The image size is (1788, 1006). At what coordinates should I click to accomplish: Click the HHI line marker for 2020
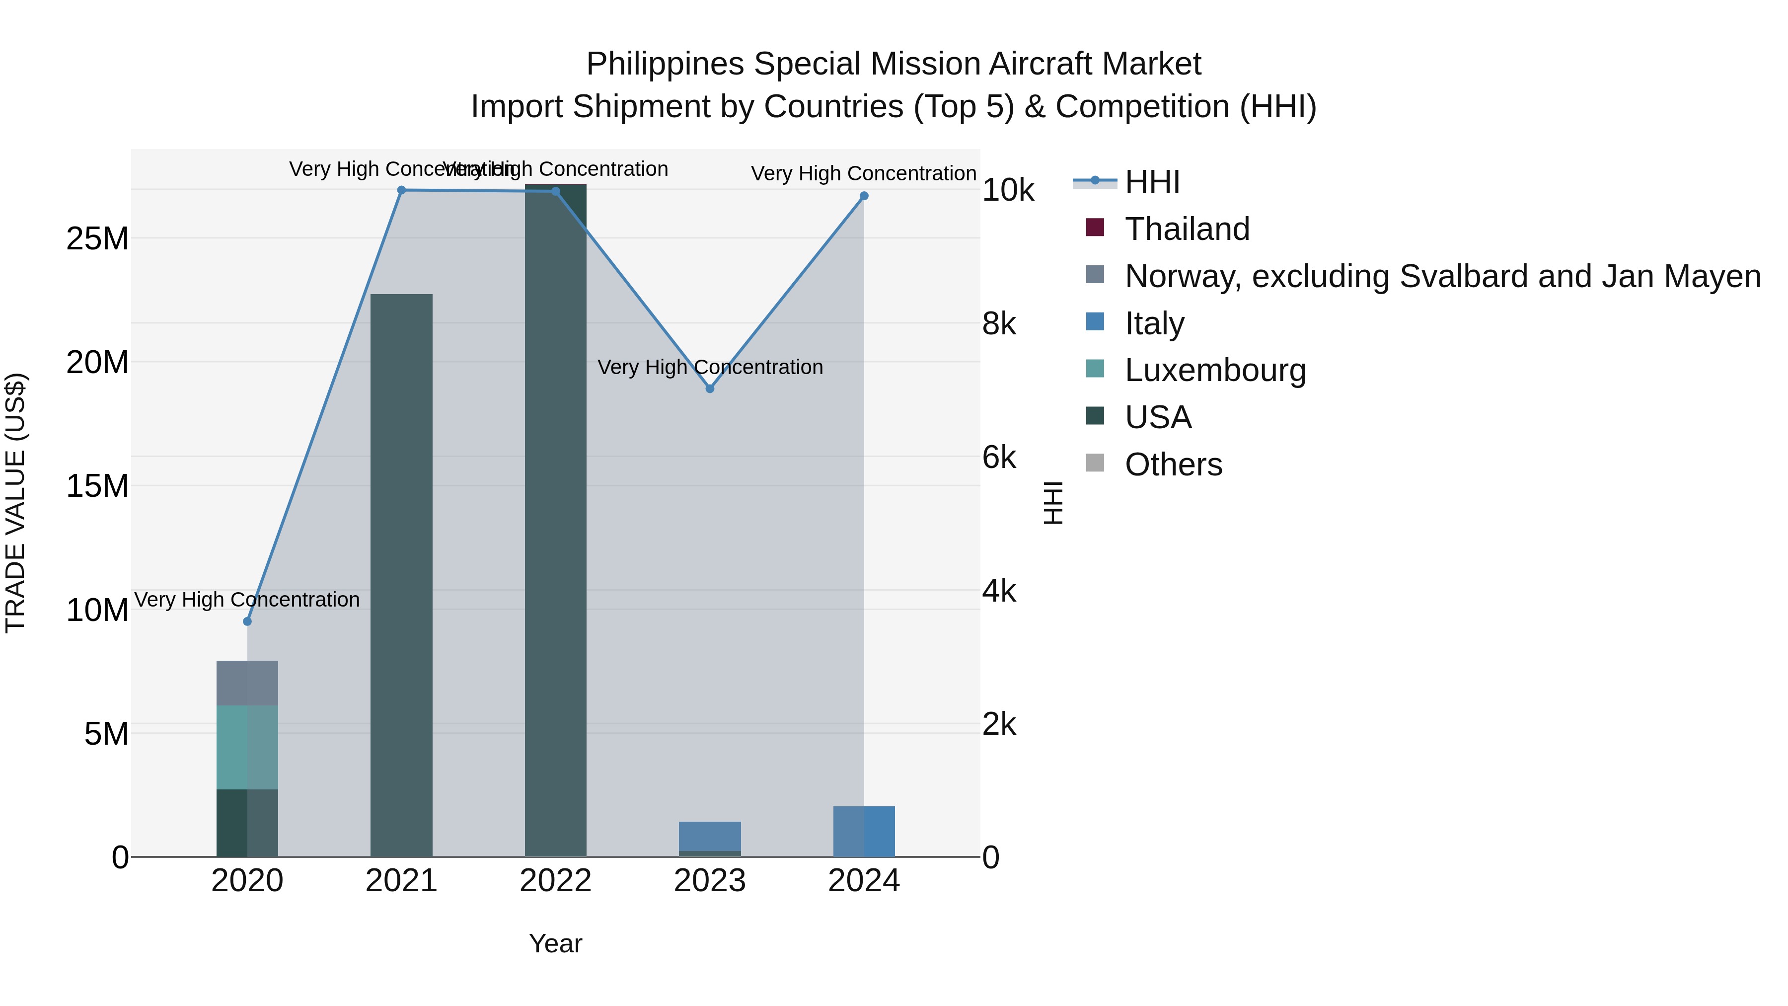pyautogui.click(x=247, y=621)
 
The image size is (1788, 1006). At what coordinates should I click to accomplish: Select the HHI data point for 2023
pyautogui.click(x=709, y=389)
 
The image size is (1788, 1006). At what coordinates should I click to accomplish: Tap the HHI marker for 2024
pyautogui.click(x=864, y=196)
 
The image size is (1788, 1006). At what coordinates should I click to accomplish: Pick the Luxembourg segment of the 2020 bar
pyautogui.click(x=247, y=747)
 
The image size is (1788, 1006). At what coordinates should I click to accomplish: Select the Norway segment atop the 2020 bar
pyautogui.click(x=247, y=683)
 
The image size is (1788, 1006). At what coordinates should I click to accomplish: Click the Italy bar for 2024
pyautogui.click(x=864, y=831)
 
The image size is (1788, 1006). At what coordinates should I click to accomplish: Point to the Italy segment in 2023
pyautogui.click(x=709, y=836)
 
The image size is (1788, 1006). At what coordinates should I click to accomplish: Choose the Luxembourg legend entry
pyautogui.click(x=1215, y=371)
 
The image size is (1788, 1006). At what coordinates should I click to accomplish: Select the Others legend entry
pyautogui.click(x=1173, y=465)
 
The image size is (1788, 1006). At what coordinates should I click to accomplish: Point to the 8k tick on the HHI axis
pyautogui.click(x=999, y=324)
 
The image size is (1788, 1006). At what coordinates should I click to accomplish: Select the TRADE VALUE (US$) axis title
pyautogui.click(x=15, y=503)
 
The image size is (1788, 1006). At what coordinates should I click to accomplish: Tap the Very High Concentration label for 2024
pyautogui.click(x=864, y=173)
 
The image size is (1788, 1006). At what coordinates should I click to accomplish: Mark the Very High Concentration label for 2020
pyautogui.click(x=247, y=600)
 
